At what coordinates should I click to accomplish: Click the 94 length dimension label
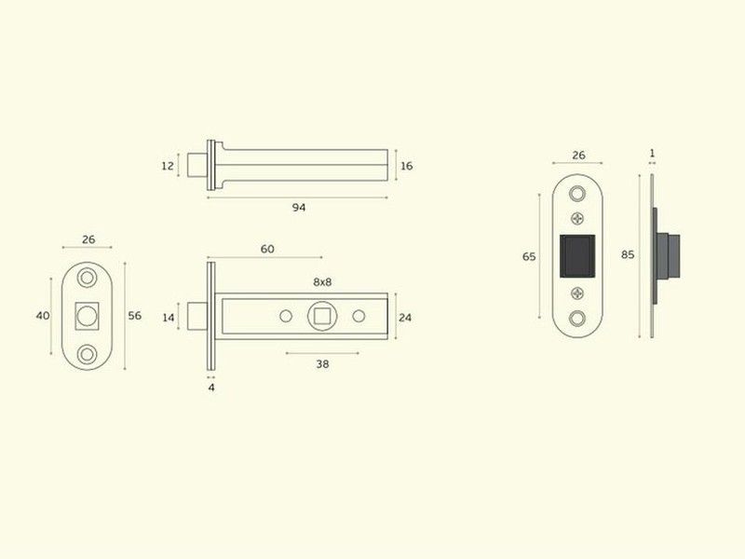pyautogui.click(x=298, y=207)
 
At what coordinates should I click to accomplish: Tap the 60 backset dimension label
pyautogui.click(x=267, y=249)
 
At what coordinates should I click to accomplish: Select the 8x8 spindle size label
pyautogui.click(x=322, y=282)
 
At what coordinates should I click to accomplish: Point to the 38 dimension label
pyautogui.click(x=322, y=364)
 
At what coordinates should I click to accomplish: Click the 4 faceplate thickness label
pyautogui.click(x=211, y=388)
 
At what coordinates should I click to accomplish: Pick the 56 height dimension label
pyautogui.click(x=134, y=316)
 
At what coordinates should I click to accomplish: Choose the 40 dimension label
pyautogui.click(x=43, y=316)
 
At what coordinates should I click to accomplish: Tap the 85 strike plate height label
pyautogui.click(x=628, y=254)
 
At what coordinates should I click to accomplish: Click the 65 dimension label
pyautogui.click(x=529, y=257)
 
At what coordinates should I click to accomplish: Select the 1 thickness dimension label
pyautogui.click(x=652, y=153)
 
